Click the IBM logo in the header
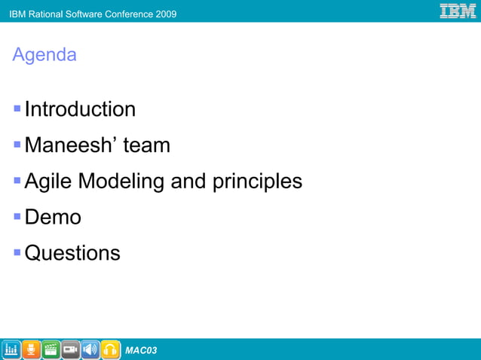click(x=458, y=11)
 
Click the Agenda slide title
click(x=44, y=55)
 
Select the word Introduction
click(x=80, y=109)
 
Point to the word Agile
click(x=48, y=182)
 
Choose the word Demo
click(x=53, y=218)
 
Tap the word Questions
click(x=72, y=253)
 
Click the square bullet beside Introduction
click(x=17, y=109)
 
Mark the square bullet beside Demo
click(x=17, y=218)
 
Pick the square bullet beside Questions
click(x=17, y=253)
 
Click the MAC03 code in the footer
click(x=141, y=350)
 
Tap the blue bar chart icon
click(x=11, y=349)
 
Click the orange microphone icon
click(x=31, y=349)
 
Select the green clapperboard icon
click(x=51, y=349)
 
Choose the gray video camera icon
click(x=71, y=349)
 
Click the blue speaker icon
click(x=90, y=349)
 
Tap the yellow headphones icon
click(x=110, y=349)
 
